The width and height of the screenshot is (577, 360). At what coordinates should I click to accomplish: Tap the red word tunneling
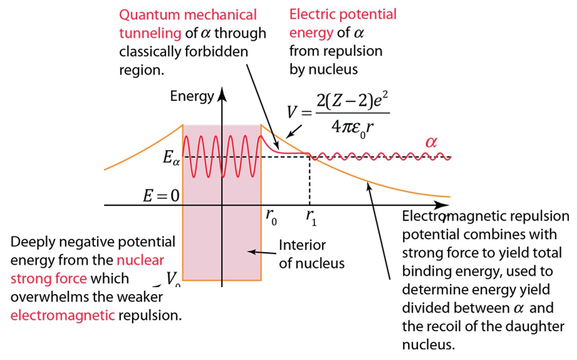pyautogui.click(x=151, y=34)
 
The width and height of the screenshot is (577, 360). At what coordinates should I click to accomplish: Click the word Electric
pyautogui.click(x=312, y=15)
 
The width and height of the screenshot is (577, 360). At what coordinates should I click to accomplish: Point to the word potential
pyautogui.click(x=367, y=15)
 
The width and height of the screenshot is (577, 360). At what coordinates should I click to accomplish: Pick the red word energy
pyautogui.click(x=311, y=33)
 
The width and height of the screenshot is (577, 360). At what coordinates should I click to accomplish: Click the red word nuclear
pyautogui.click(x=140, y=261)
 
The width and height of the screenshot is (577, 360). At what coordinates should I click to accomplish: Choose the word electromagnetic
pyautogui.click(x=63, y=316)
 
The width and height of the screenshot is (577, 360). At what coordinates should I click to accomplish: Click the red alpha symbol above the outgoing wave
pyautogui.click(x=431, y=142)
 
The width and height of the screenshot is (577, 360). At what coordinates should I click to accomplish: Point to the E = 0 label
pyautogui.click(x=161, y=196)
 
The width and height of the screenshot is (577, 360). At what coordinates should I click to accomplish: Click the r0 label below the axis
pyautogui.click(x=271, y=217)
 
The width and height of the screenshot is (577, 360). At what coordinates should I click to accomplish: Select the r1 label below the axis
pyautogui.click(x=311, y=217)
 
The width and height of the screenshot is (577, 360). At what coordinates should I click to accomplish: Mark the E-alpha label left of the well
pyautogui.click(x=171, y=158)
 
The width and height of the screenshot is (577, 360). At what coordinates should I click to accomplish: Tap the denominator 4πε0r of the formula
pyautogui.click(x=352, y=127)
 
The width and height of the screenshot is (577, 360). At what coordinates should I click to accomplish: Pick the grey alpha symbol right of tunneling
pyautogui.click(x=206, y=33)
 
